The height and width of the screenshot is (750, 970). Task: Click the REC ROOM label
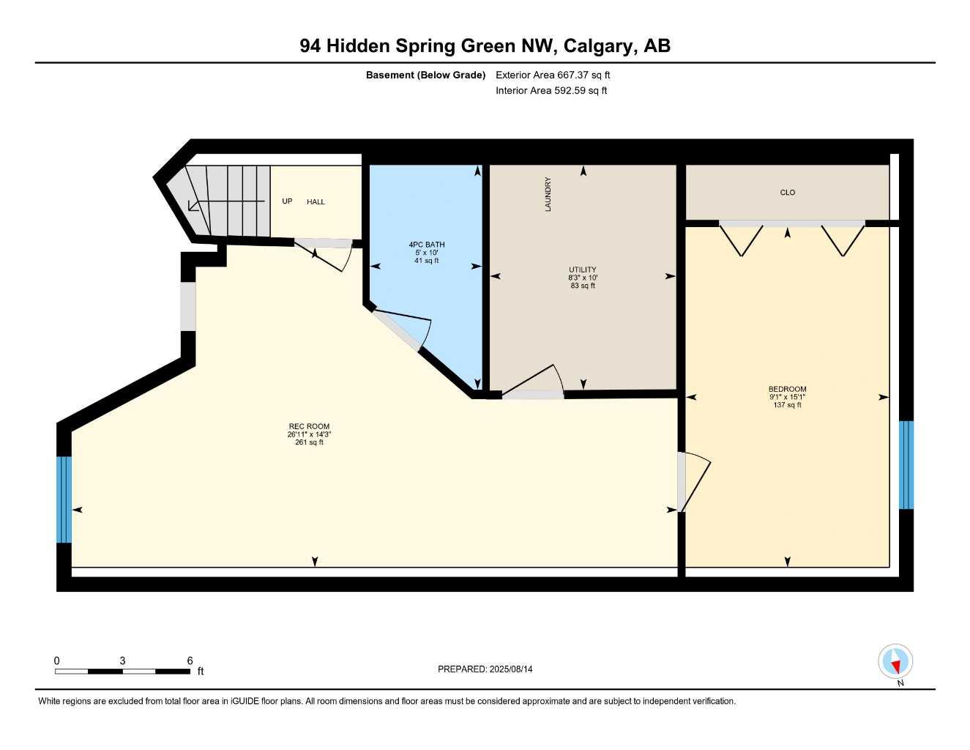tap(309, 426)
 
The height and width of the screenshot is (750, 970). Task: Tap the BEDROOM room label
tap(787, 389)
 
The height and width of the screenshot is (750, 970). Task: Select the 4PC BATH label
tap(426, 245)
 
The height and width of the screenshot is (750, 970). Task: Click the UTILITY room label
tap(583, 270)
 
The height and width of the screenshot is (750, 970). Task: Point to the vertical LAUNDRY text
tap(548, 194)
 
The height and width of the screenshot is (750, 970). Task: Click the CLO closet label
tap(787, 193)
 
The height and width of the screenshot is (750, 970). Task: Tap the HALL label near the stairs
tap(316, 202)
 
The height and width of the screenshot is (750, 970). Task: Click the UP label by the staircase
tap(287, 201)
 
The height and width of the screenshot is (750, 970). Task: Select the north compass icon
tap(895, 662)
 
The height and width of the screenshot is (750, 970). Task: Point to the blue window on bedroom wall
tap(906, 464)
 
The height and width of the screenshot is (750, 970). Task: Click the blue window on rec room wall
tap(64, 500)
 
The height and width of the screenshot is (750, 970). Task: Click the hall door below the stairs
tap(326, 253)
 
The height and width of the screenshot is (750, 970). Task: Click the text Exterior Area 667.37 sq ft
tap(553, 75)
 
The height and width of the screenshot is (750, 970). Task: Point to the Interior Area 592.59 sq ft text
tap(551, 91)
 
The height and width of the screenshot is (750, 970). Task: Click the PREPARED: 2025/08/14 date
tap(485, 669)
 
